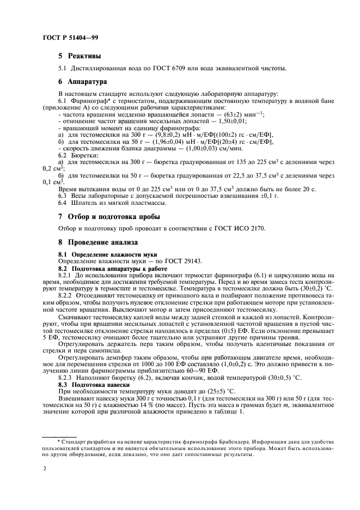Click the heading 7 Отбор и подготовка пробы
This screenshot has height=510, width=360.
pos(109,216)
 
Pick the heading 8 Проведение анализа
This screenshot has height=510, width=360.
pos(98,241)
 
